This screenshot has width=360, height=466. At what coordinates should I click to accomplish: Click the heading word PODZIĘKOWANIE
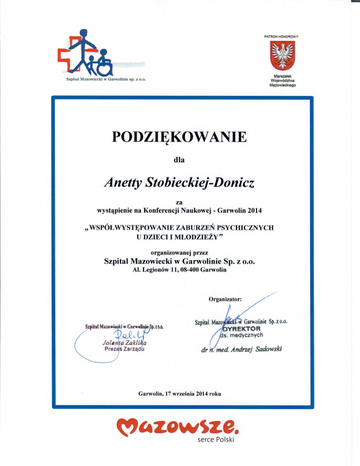tap(179, 137)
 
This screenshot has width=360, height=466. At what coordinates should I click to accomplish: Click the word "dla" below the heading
tap(178, 160)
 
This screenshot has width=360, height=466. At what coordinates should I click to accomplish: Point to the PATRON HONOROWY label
tap(282, 36)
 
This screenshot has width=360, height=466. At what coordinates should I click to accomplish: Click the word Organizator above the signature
tap(225, 299)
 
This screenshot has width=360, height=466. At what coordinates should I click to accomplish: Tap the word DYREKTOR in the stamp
tap(244, 329)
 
